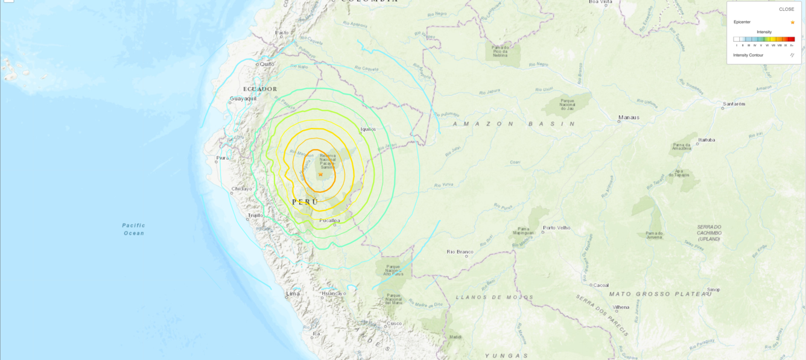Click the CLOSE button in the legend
[786, 9]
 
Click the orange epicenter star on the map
[320, 175]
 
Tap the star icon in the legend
[792, 22]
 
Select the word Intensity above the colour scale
[764, 32]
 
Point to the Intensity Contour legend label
[748, 55]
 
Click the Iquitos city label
[368, 129]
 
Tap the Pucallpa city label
[329, 221]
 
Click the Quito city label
[267, 64]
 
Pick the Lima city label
[293, 294]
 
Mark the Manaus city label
[629, 118]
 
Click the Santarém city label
[734, 104]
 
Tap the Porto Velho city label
[556, 228]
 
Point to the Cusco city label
[394, 323]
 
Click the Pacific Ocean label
[134, 229]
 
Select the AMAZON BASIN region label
[515, 124]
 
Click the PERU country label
[305, 202]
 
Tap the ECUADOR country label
[260, 89]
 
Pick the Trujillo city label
[255, 215]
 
